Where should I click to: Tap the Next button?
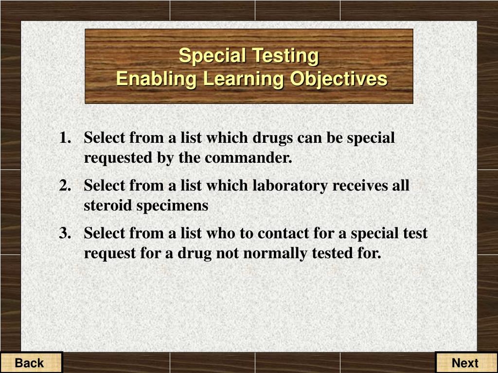pyautogui.click(x=465, y=363)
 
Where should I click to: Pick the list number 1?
pyautogui.click(x=64, y=138)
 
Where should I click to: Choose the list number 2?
pyautogui.click(x=64, y=186)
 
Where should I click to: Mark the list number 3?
pyautogui.click(x=64, y=233)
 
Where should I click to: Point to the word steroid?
pyautogui.click(x=107, y=205)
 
